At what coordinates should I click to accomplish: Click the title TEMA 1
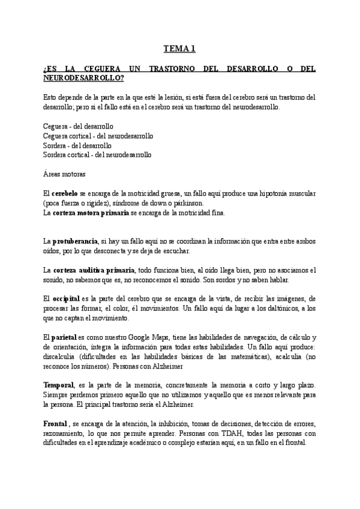(180, 49)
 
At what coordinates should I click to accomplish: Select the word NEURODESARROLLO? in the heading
(83, 78)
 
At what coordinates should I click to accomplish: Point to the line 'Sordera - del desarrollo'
(77, 145)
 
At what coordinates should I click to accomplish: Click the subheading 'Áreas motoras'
(64, 175)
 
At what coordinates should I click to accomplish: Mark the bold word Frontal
(56, 423)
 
